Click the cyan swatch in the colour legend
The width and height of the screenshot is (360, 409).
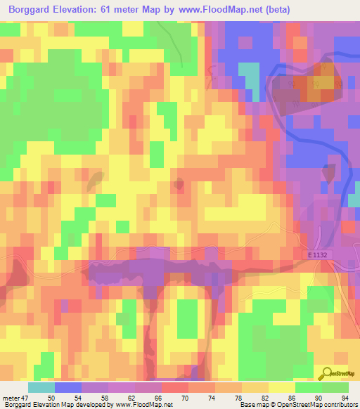coord(41,387)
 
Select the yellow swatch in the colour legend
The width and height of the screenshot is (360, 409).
coord(282,387)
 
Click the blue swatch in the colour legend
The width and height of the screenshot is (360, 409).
coord(67,387)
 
